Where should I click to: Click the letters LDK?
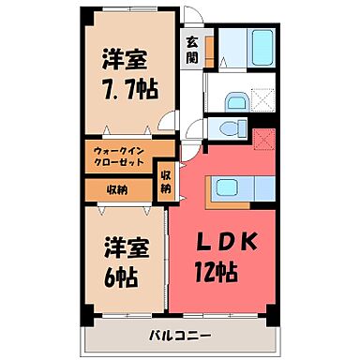[x=225, y=242]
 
